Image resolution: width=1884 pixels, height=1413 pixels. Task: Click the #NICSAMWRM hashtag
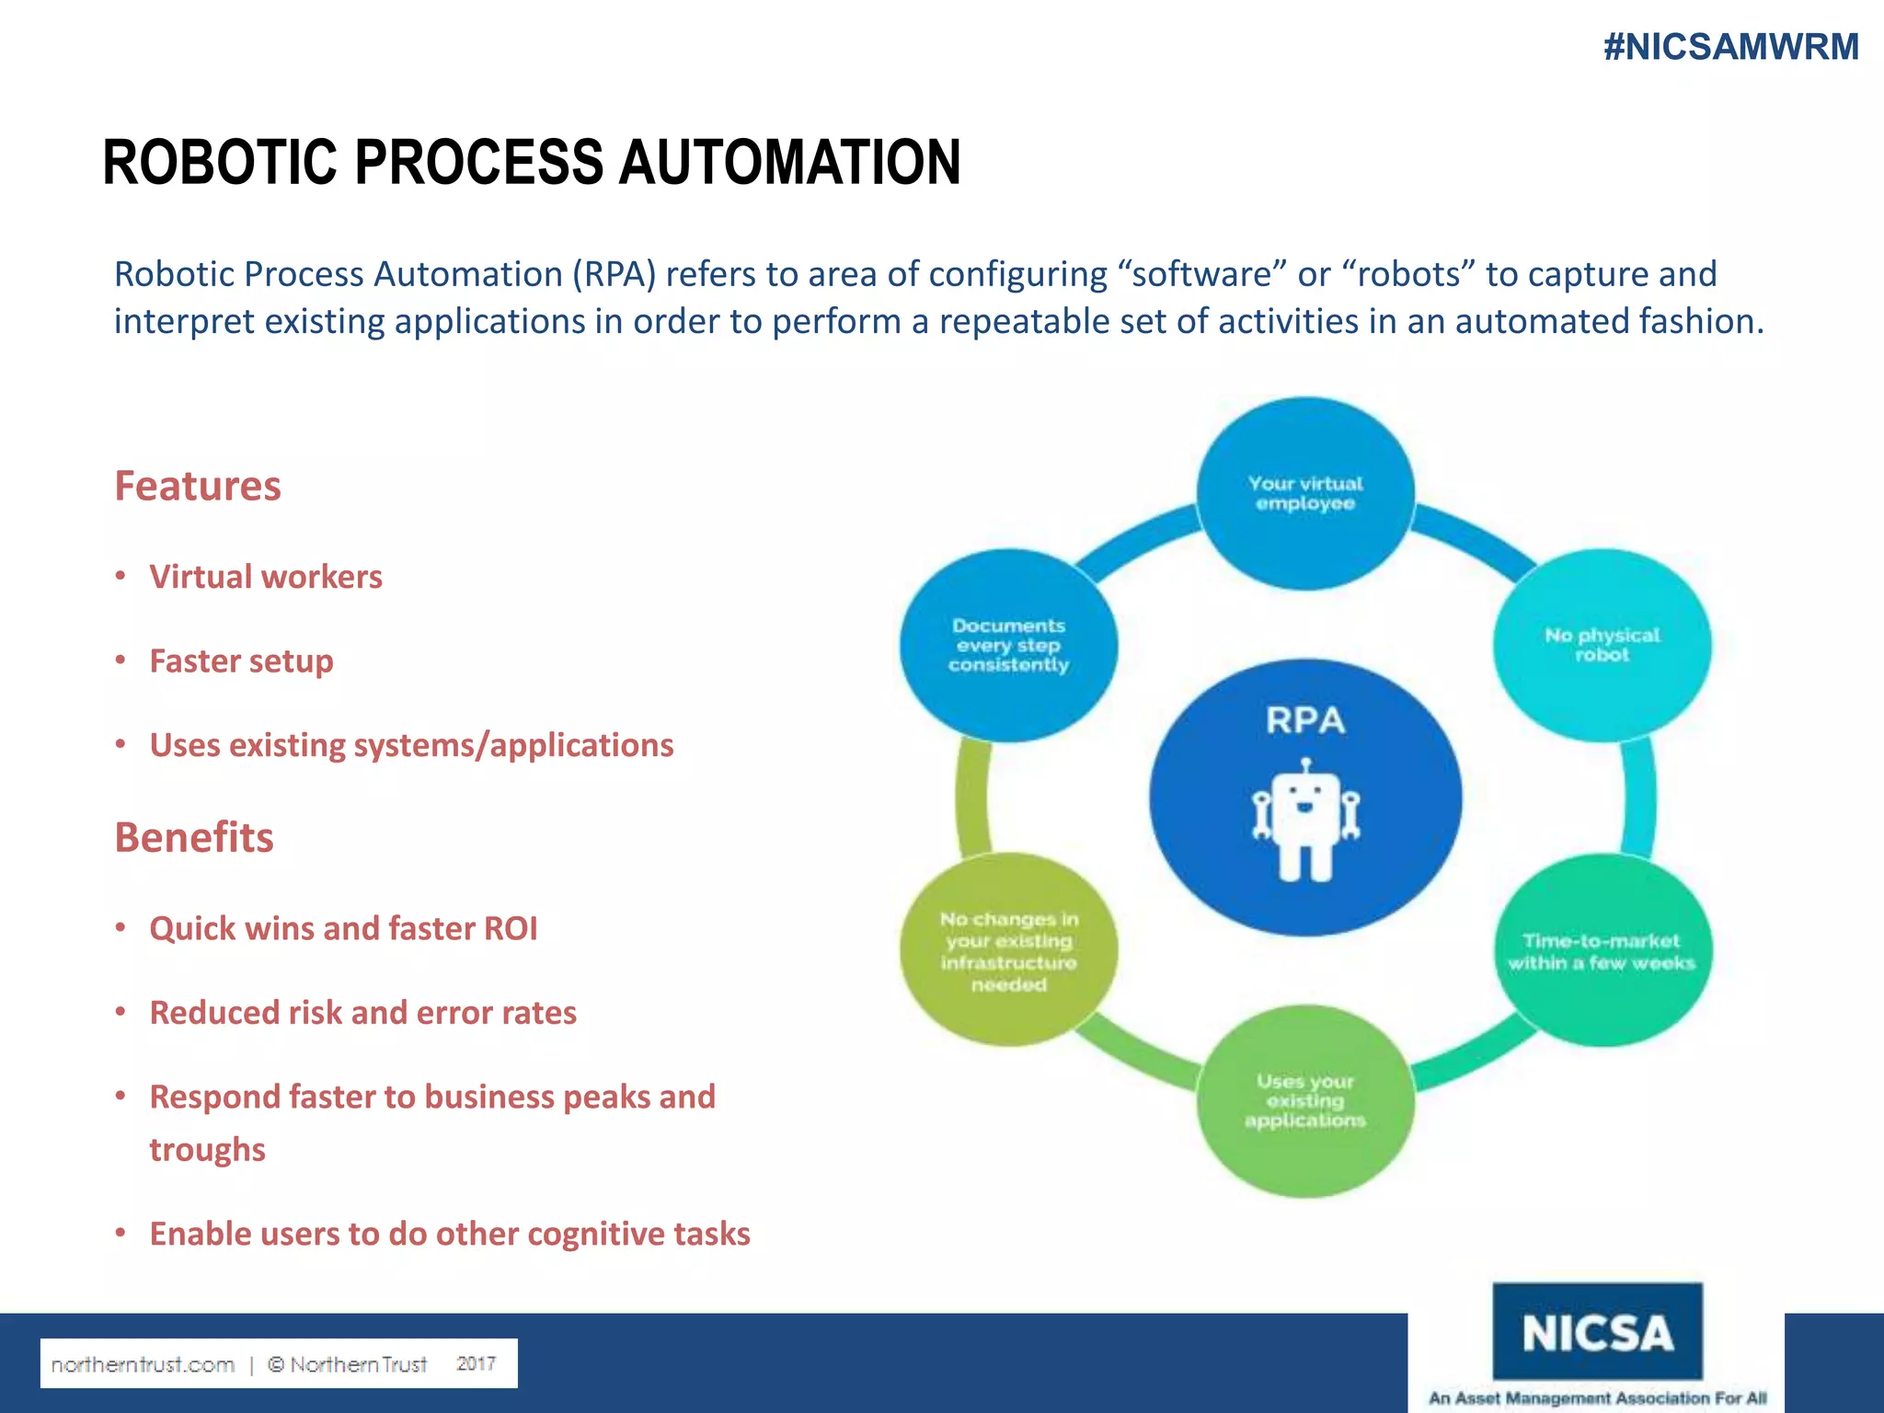[x=1730, y=47]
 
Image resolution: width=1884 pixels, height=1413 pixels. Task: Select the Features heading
[x=198, y=486]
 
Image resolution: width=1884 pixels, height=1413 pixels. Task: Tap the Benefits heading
[x=194, y=837]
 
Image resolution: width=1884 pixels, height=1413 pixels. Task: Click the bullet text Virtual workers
[x=266, y=577]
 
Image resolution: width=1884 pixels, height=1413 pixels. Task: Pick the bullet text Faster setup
[x=241, y=661]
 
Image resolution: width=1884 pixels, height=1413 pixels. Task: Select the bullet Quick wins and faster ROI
[x=343, y=928]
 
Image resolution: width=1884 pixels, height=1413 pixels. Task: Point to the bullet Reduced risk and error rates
[x=362, y=1012]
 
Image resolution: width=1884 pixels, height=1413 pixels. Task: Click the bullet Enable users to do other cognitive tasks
[x=450, y=1234]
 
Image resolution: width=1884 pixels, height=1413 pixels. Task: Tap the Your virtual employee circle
[x=1305, y=494]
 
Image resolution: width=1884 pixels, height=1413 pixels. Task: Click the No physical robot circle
[x=1602, y=645]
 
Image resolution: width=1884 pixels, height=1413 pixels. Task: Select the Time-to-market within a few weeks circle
[x=1602, y=951]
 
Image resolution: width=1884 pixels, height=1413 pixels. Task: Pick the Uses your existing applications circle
[x=1305, y=1101]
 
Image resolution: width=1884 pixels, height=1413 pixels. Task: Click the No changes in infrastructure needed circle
[x=1009, y=950]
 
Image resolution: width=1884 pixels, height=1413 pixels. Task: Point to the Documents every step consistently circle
[x=1009, y=645]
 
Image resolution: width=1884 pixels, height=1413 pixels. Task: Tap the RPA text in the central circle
[x=1305, y=720]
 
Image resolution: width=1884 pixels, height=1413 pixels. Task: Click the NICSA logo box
[x=1597, y=1332]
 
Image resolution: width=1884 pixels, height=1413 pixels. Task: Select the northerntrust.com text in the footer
[x=143, y=1364]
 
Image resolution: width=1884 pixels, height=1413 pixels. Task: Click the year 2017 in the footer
[x=476, y=1363]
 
